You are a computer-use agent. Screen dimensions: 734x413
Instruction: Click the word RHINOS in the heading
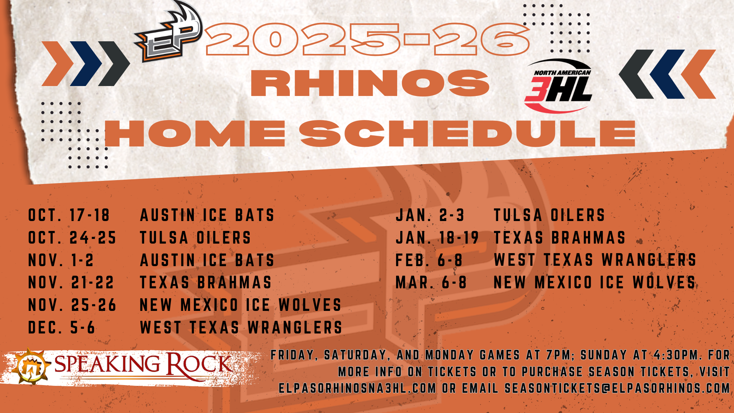point(370,83)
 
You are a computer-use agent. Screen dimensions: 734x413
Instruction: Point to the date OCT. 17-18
point(69,215)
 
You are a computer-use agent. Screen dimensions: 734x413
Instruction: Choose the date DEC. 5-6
point(62,328)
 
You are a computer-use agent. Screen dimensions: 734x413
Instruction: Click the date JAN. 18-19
point(437,238)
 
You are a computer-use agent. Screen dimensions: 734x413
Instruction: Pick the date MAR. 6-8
point(431,283)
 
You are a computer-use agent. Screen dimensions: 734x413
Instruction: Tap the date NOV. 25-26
point(72,305)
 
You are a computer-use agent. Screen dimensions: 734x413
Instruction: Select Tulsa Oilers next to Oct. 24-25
point(195,238)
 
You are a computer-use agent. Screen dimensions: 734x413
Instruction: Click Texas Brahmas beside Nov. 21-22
point(206,283)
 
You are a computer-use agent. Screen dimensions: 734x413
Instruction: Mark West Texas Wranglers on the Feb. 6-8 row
point(595,260)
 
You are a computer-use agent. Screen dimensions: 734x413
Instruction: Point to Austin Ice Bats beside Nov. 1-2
point(207,260)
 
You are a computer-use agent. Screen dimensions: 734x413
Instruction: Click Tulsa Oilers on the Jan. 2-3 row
point(549,215)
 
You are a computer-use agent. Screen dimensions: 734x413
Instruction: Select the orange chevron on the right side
point(698,74)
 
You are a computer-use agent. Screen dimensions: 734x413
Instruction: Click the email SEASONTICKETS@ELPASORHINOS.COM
point(617,388)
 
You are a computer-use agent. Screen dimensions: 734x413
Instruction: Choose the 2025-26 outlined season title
point(367,39)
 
